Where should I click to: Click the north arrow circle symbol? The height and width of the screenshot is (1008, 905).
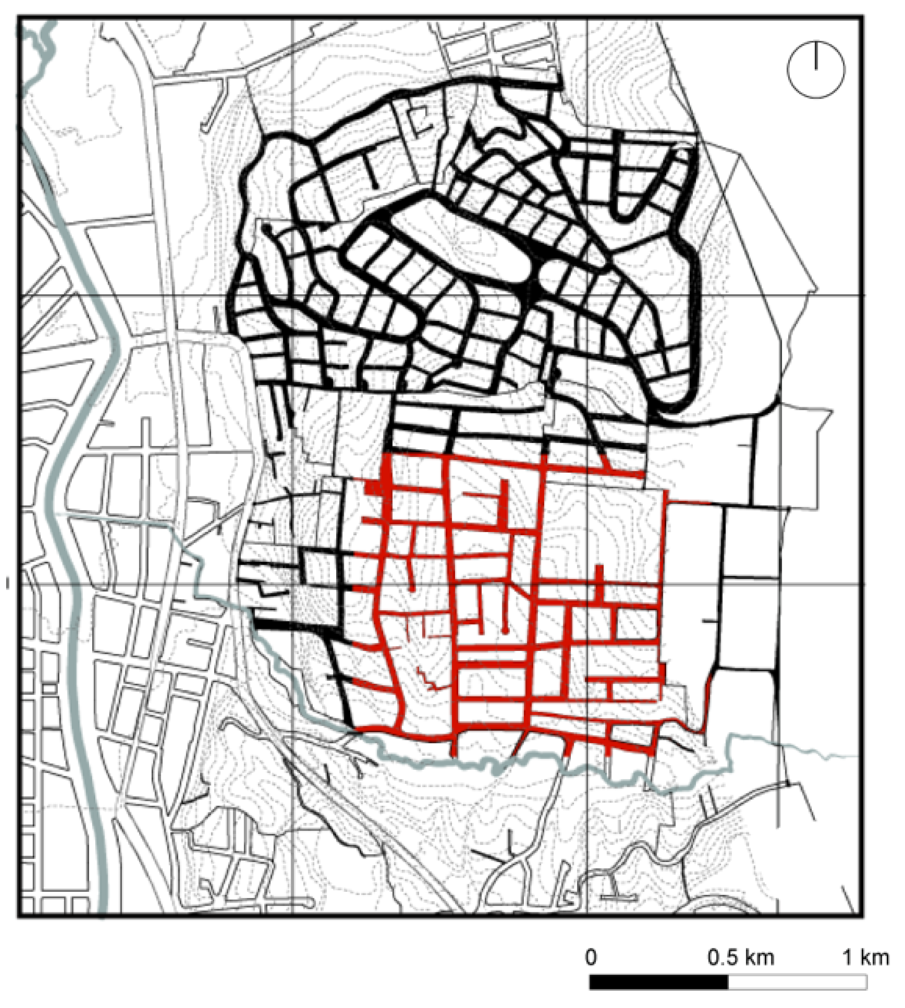click(x=816, y=70)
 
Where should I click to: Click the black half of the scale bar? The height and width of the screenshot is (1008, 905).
click(x=659, y=982)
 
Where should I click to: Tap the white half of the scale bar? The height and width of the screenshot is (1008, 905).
click(x=797, y=982)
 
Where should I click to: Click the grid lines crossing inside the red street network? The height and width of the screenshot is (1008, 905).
click(x=587, y=585)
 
